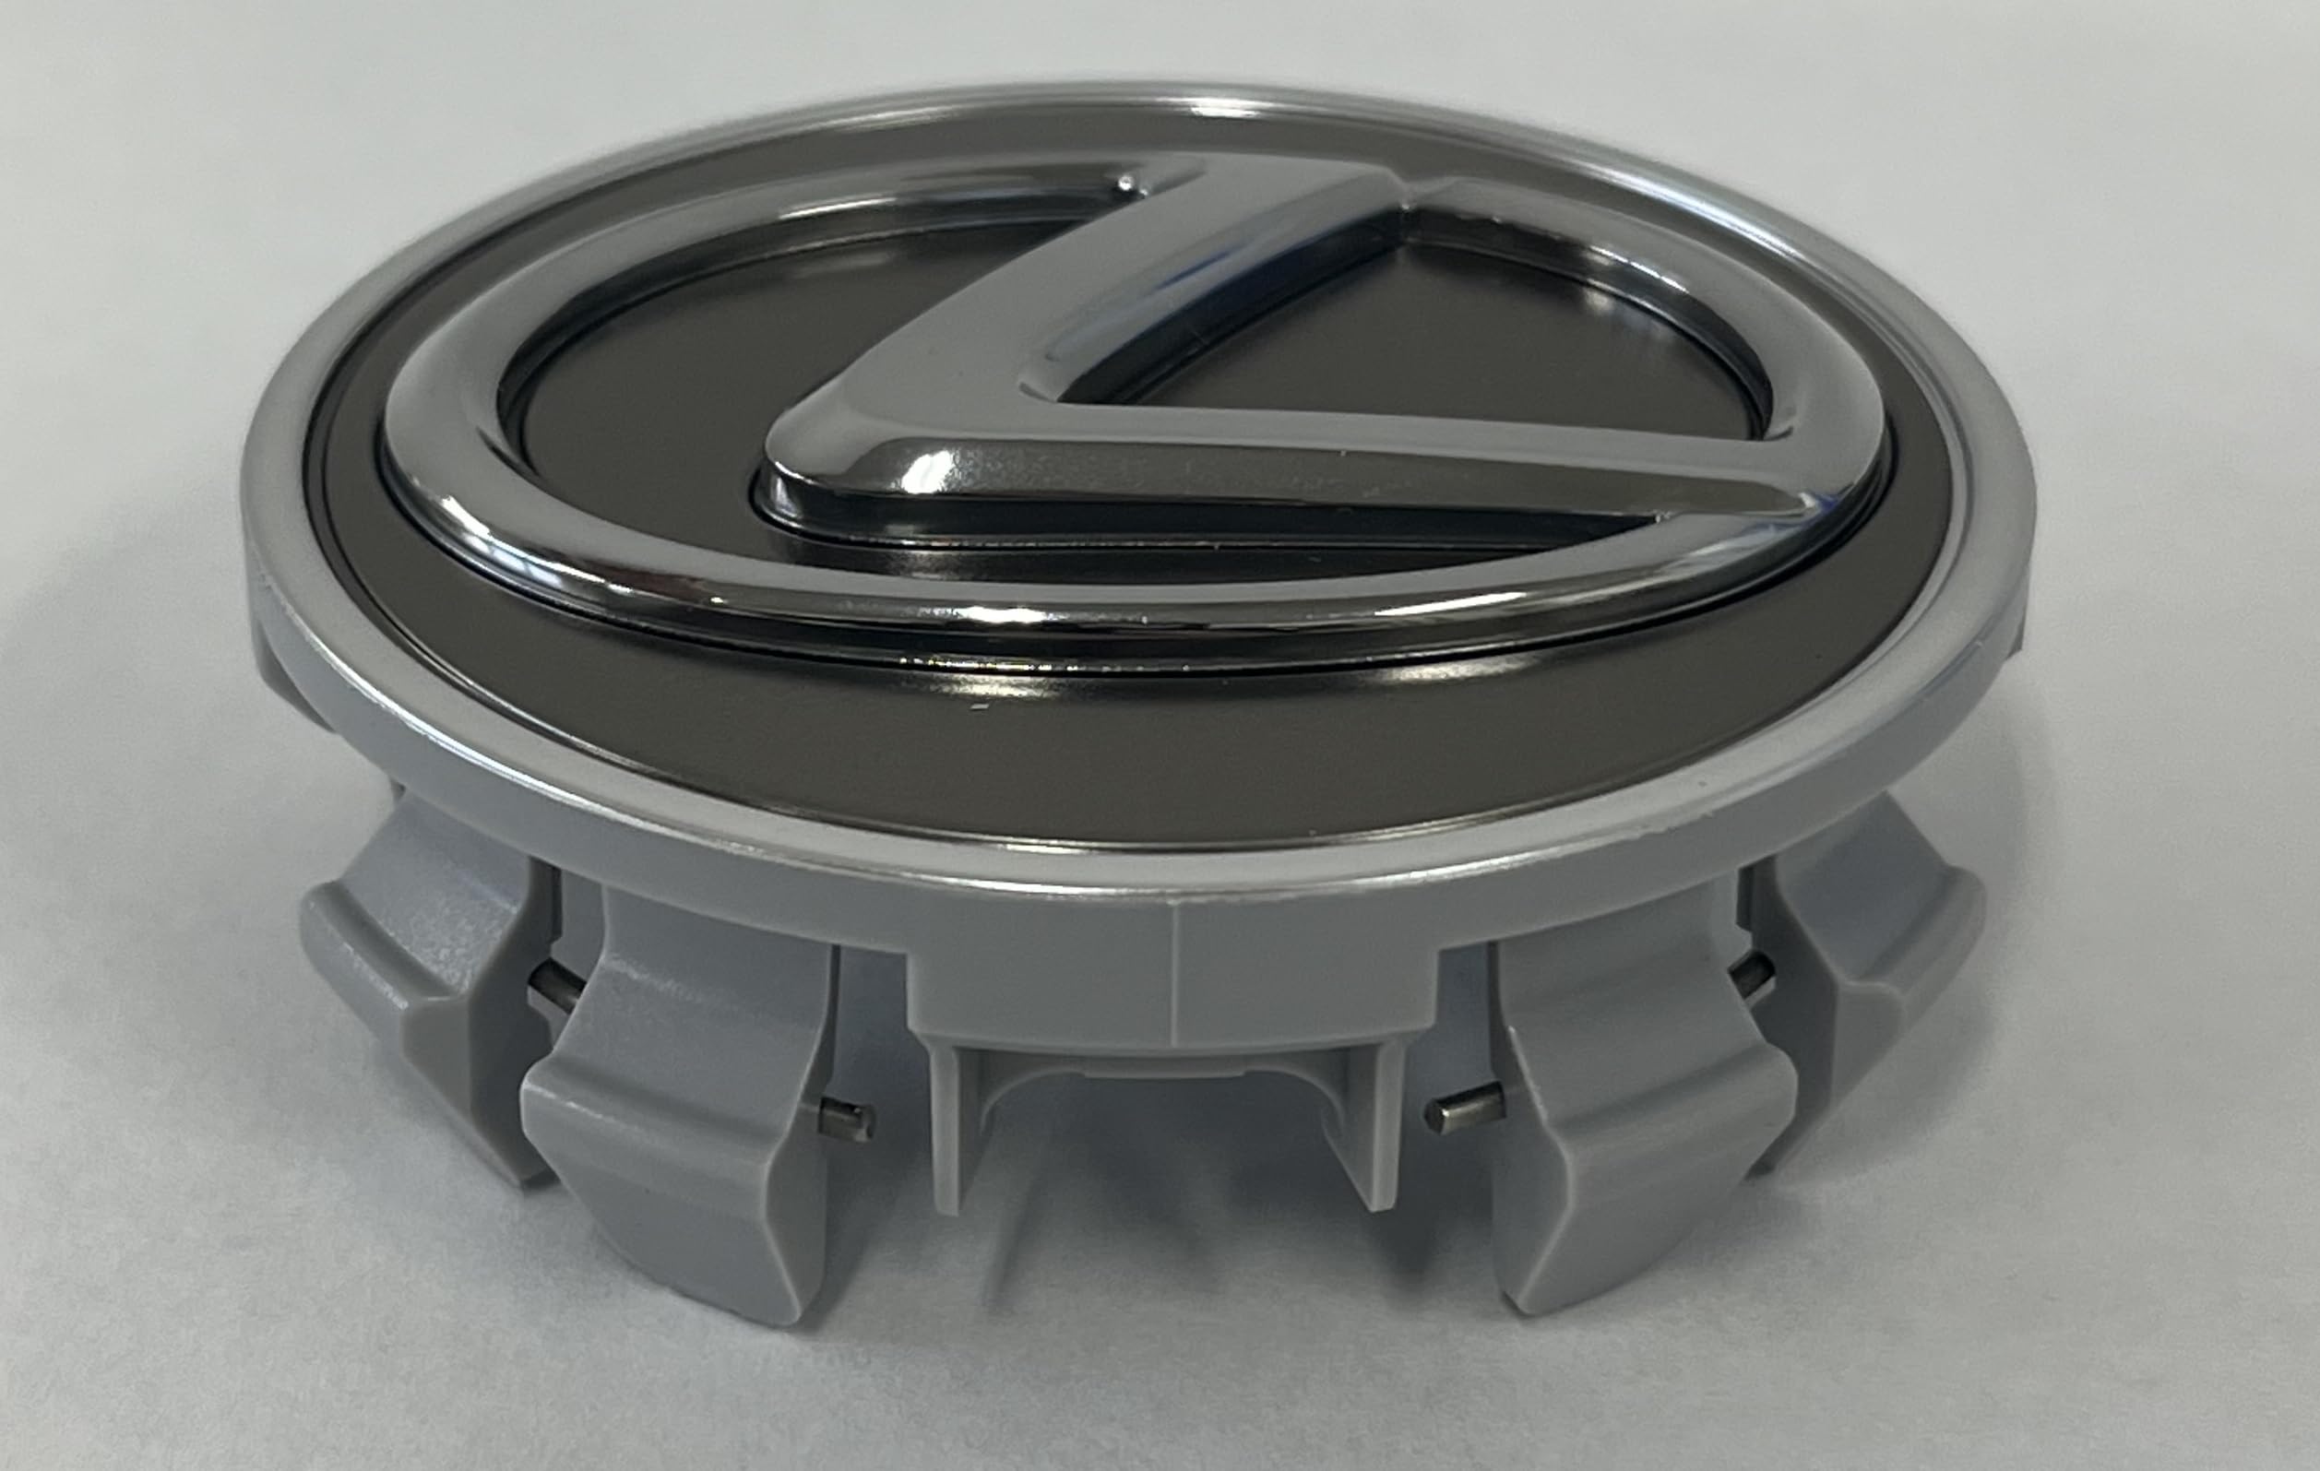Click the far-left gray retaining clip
coord(424,973)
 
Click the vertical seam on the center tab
coord(1175,973)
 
